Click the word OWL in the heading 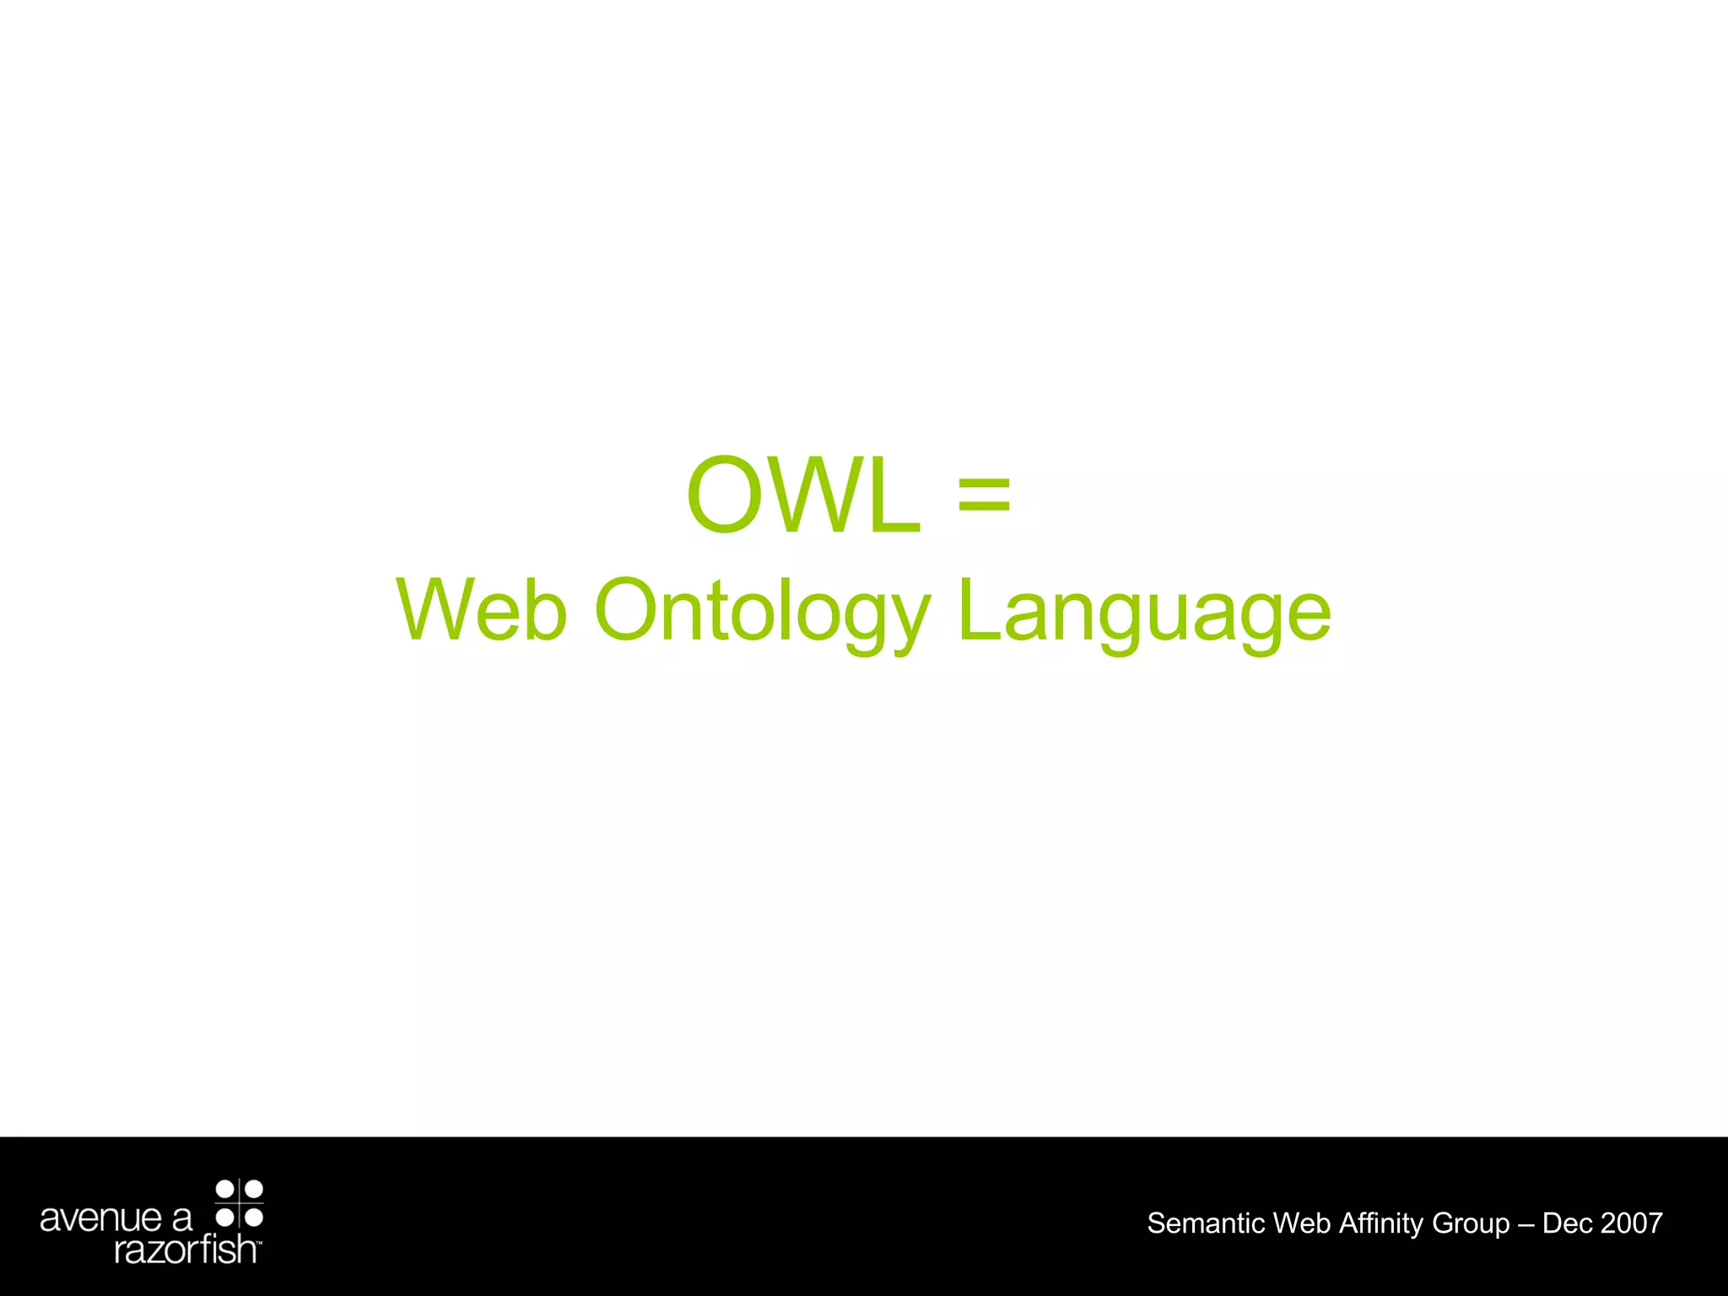(x=803, y=495)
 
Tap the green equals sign (x=984, y=495)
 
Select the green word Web (x=482, y=610)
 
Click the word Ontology (x=762, y=612)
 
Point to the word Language (x=1144, y=612)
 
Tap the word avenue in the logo (x=100, y=1218)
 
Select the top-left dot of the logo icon (x=225, y=1190)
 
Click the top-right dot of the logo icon (x=253, y=1190)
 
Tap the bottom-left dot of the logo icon (x=225, y=1218)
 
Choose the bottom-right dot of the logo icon (x=253, y=1218)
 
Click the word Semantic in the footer (x=1206, y=1223)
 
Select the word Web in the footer (x=1302, y=1223)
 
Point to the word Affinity (x=1381, y=1223)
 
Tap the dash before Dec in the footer (x=1526, y=1223)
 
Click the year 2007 (x=1632, y=1223)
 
